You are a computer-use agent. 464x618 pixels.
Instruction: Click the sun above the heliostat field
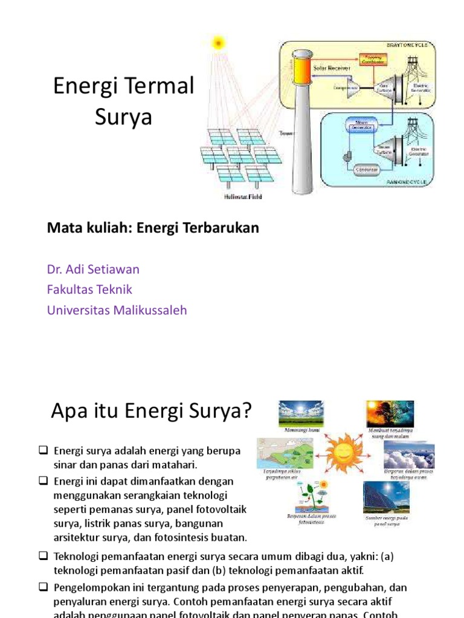click(x=217, y=42)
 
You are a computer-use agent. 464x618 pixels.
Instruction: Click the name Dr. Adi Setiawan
click(x=93, y=269)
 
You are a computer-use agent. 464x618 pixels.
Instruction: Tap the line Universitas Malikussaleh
click(x=117, y=310)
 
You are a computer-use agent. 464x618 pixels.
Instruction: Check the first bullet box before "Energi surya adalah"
click(x=43, y=450)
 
